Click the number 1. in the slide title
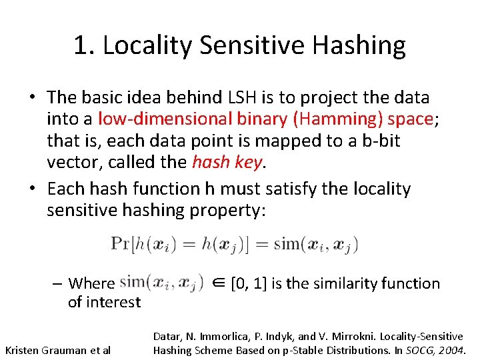click(x=84, y=45)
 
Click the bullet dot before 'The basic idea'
click(x=31, y=97)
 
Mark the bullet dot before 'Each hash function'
click(x=31, y=189)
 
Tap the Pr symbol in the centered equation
click(x=121, y=243)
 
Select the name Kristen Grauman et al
click(x=57, y=349)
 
